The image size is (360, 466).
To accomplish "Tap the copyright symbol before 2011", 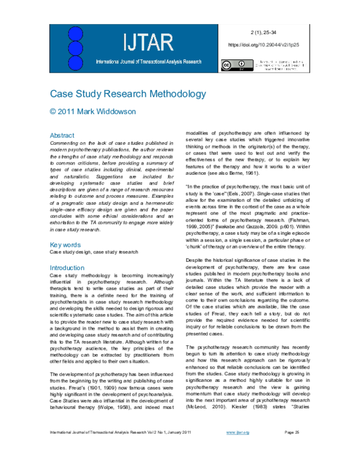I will [53, 112].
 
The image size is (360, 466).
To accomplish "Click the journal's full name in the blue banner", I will [148, 62].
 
